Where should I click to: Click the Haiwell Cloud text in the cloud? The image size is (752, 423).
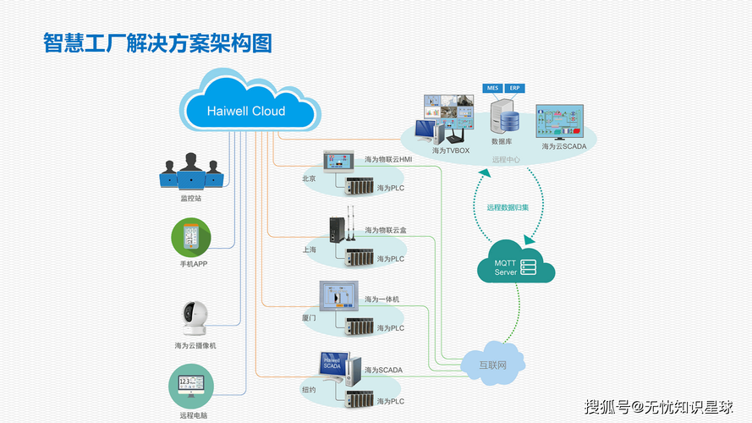(246, 111)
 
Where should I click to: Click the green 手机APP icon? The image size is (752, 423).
(192, 238)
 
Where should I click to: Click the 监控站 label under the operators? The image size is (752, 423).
(191, 199)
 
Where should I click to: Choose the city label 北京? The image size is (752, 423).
(309, 179)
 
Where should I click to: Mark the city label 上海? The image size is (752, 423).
(309, 250)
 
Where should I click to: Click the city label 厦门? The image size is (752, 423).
(309, 318)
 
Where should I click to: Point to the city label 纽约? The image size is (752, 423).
(309, 390)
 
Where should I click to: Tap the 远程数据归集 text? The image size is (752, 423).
(508, 207)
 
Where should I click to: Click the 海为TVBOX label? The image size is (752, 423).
(450, 151)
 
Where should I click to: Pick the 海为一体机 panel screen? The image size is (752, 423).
(340, 297)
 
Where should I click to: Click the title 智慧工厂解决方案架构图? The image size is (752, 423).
(157, 43)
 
